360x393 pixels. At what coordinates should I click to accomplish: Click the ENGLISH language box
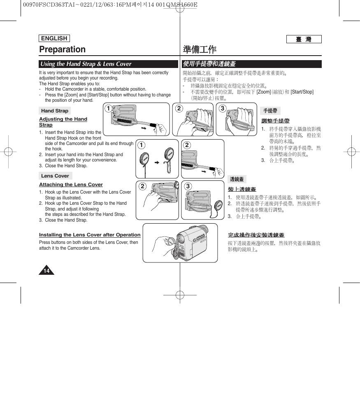tap(54, 38)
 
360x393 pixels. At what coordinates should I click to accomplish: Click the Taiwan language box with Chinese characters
tap(304, 40)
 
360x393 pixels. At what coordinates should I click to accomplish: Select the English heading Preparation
tap(63, 49)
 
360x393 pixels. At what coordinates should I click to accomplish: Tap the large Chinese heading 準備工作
tap(200, 50)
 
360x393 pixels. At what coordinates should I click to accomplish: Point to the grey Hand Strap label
tap(55, 111)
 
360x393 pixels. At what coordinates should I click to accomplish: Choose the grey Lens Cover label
tap(55, 176)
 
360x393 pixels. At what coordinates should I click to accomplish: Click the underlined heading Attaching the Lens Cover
tap(71, 185)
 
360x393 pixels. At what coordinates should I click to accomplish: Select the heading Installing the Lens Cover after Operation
tap(90, 235)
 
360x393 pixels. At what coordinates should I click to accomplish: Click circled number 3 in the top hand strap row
tap(222, 109)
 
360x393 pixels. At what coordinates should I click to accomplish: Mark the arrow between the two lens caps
tap(157, 163)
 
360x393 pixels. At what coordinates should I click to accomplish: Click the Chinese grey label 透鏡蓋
tap(237, 179)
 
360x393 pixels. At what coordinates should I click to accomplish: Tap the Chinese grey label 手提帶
tap(270, 111)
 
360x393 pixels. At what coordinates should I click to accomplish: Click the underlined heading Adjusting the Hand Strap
tap(63, 122)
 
